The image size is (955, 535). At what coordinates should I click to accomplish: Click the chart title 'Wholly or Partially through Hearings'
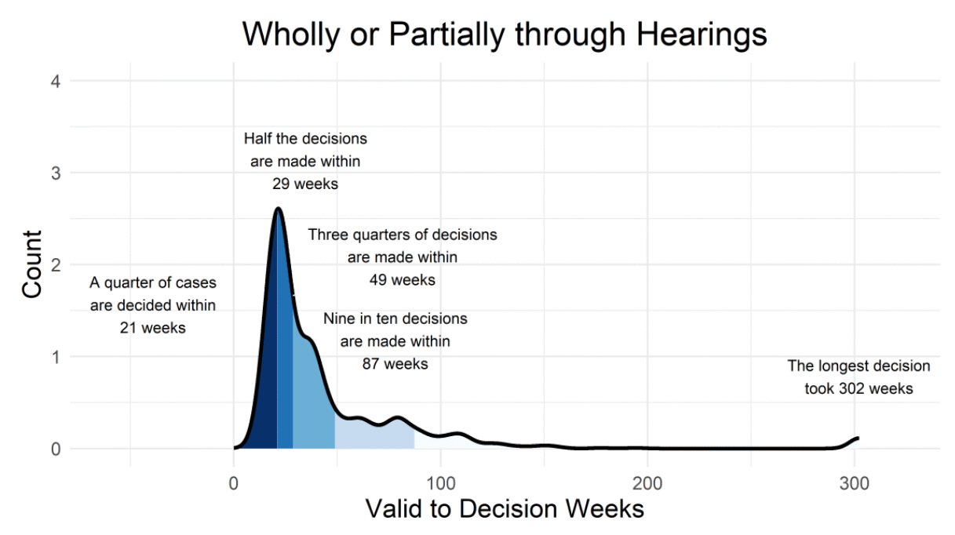pos(504,35)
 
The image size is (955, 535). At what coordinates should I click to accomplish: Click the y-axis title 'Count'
pos(32,264)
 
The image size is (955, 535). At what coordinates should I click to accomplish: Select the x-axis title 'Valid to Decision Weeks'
pos(504,508)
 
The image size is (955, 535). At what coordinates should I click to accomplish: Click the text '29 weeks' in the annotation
pos(305,184)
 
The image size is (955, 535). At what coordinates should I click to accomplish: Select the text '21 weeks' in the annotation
pos(153,328)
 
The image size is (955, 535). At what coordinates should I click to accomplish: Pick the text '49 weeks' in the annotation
pos(402,280)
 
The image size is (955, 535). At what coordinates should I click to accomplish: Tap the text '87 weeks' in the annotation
pos(395,364)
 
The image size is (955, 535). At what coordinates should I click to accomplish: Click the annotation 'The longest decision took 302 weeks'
pos(858,377)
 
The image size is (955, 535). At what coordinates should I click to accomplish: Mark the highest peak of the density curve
pos(278,209)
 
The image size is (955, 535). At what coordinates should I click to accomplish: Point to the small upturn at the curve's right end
pos(856,439)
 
